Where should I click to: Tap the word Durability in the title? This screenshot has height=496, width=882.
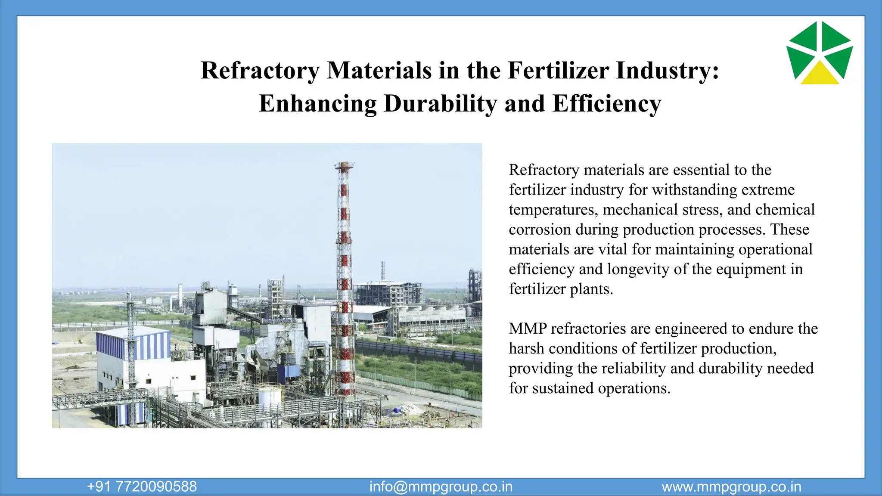coord(440,104)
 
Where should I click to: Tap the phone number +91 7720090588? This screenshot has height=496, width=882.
coord(142,487)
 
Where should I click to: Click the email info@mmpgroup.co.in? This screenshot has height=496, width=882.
coord(441,487)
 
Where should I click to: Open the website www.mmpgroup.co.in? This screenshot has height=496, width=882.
coord(731,487)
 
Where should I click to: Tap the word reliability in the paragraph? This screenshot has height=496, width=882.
coord(634,369)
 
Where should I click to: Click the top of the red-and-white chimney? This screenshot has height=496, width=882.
coord(344,165)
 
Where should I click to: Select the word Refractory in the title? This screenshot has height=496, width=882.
coord(260,71)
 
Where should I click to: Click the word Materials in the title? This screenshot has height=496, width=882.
coord(379,71)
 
